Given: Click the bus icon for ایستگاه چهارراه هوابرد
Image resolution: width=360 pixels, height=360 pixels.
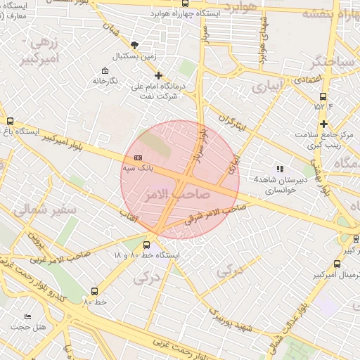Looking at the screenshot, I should click(x=185, y=4).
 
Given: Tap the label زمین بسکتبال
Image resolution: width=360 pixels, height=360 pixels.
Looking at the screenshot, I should click(x=135, y=55).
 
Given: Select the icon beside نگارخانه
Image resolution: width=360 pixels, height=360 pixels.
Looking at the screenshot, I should click(x=105, y=70).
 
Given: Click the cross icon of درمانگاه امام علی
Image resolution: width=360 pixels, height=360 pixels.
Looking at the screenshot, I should click(x=158, y=75).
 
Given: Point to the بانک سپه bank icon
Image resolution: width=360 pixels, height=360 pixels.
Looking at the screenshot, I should click(x=138, y=158).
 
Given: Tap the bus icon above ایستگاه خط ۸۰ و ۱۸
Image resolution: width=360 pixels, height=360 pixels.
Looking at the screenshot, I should click(x=146, y=245).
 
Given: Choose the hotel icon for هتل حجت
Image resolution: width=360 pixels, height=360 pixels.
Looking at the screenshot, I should click(x=27, y=317).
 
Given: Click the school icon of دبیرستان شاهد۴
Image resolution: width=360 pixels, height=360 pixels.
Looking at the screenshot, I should click(x=280, y=169).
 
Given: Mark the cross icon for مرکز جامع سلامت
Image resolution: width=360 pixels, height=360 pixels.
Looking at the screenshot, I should click(x=323, y=124).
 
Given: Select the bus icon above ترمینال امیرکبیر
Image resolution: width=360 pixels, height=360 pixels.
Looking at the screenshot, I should click(x=337, y=264).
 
